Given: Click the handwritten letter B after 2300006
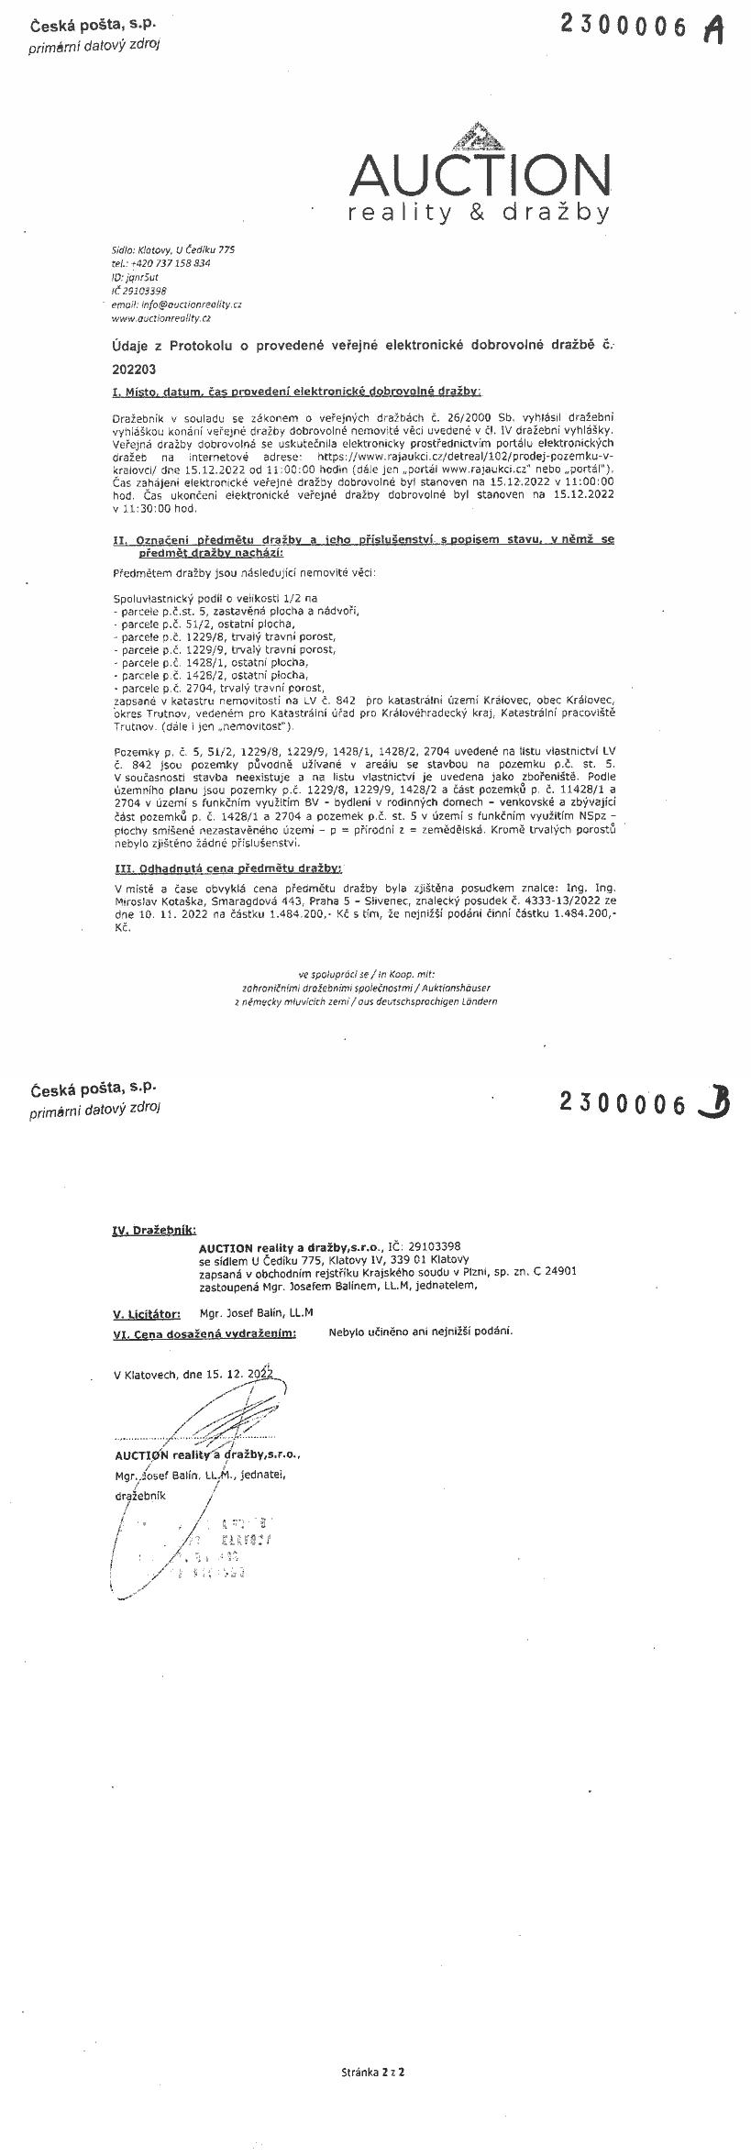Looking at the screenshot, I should click(713, 1101).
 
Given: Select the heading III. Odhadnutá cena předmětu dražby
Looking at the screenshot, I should click(227, 867).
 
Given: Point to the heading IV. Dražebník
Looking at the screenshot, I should click(153, 1230).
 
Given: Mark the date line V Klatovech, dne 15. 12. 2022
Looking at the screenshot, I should click(193, 1375).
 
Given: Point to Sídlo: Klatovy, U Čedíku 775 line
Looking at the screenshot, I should click(173, 249).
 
